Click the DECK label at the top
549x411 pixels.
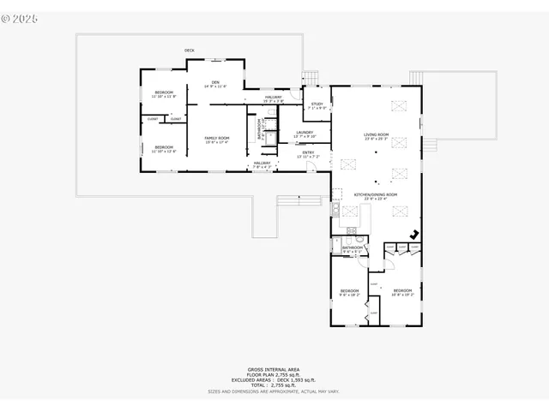point(189,51)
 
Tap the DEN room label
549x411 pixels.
point(215,84)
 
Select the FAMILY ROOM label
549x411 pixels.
point(217,140)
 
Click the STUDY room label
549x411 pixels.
point(317,105)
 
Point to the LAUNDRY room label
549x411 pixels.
point(305,134)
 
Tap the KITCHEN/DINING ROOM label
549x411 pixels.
point(376,196)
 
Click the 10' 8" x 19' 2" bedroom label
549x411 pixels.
point(402,293)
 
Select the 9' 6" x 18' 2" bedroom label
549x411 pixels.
point(349,293)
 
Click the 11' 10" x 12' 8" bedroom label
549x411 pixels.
point(164,149)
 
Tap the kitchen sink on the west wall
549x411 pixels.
point(336,210)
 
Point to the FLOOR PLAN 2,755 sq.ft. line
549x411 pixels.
point(274,375)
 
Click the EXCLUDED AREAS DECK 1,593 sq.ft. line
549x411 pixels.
point(274,380)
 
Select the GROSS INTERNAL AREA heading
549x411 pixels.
point(274,370)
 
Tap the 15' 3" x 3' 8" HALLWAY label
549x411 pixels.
point(274,99)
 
